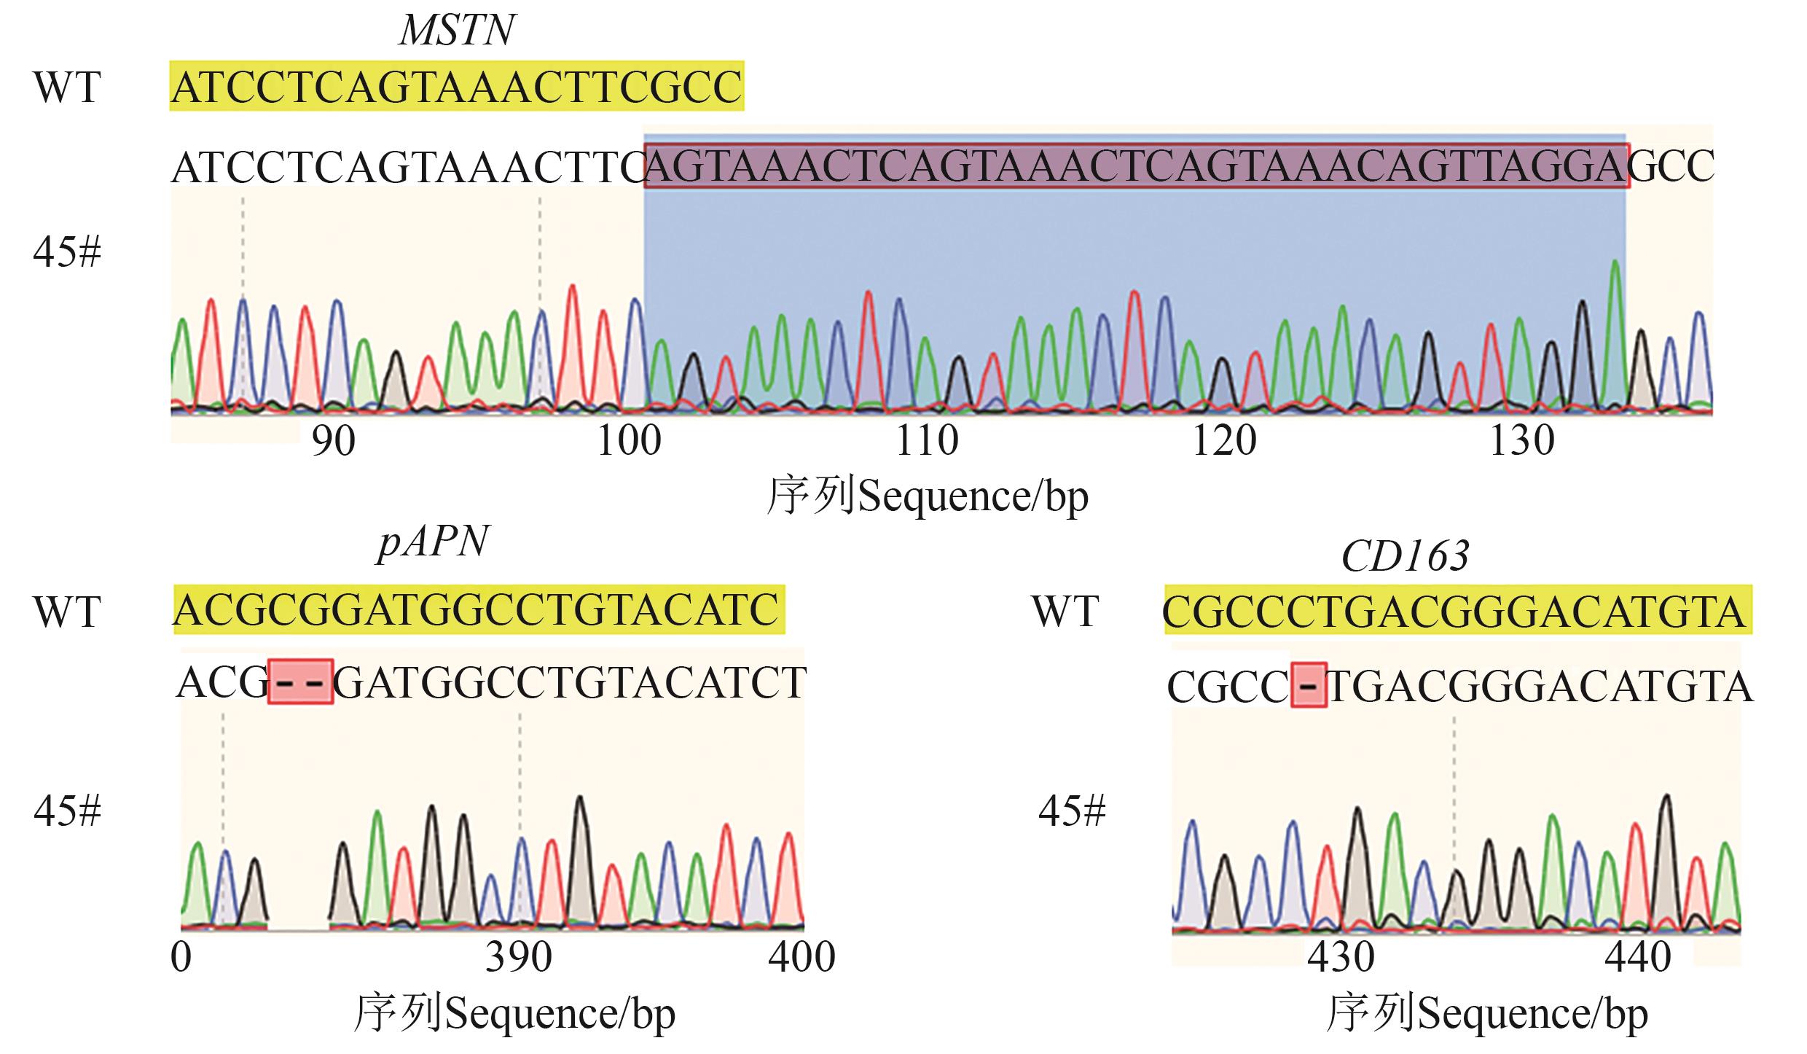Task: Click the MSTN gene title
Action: tap(458, 31)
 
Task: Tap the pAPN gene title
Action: tap(433, 544)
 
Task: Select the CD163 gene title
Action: tap(1405, 557)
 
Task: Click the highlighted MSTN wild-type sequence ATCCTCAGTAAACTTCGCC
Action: tap(457, 88)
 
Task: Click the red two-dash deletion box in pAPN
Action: tap(301, 682)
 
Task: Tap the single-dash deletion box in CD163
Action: tap(1309, 685)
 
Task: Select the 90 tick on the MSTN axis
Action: tap(333, 441)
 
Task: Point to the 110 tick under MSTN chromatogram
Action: tap(927, 441)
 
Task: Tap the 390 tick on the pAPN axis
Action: tap(519, 957)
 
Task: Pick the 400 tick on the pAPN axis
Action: tap(801, 957)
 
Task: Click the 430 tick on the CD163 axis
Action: tap(1341, 957)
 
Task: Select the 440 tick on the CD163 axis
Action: tap(1638, 957)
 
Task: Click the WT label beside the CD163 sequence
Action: tap(1065, 612)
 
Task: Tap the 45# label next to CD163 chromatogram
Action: tap(1072, 811)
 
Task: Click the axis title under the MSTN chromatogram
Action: tap(927, 497)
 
